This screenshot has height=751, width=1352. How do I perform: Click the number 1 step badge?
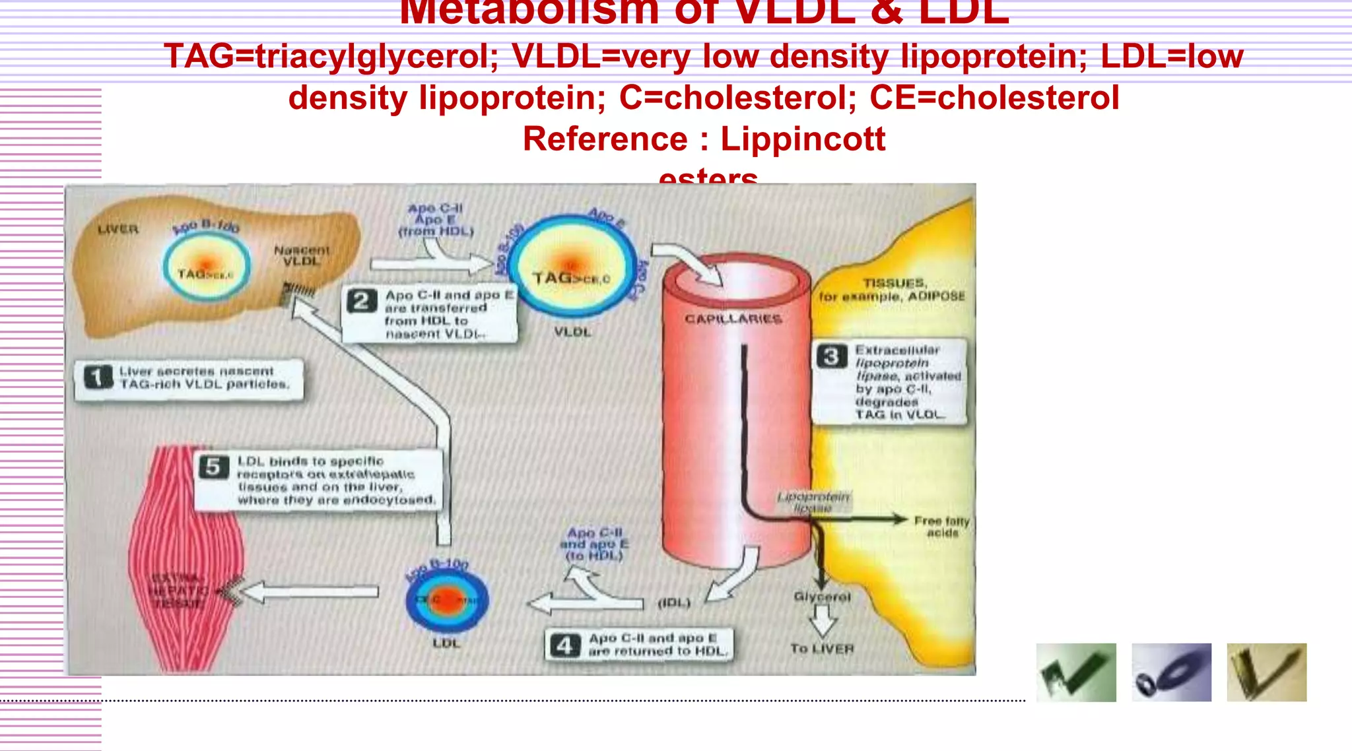(98, 377)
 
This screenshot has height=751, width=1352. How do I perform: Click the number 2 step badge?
(362, 301)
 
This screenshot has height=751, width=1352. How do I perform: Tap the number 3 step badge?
(831, 356)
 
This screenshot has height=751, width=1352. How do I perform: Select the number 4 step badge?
(564, 645)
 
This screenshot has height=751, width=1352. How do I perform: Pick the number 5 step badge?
(214, 467)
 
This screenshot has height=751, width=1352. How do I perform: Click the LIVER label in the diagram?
(118, 229)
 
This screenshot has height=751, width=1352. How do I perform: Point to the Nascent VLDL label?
(301, 255)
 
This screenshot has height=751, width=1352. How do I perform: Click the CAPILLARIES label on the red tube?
(733, 319)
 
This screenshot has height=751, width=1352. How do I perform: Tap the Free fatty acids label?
(941, 527)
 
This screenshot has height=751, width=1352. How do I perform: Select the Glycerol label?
(822, 597)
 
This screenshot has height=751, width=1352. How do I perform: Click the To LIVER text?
(822, 649)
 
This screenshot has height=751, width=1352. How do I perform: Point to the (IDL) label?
(674, 603)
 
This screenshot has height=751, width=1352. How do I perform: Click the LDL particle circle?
(447, 600)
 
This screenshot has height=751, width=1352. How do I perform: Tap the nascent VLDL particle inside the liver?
(207, 268)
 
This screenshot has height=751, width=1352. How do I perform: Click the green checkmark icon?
(1076, 672)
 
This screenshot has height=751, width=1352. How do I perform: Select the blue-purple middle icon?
(1171, 672)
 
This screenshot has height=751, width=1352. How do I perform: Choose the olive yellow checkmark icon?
(1266, 672)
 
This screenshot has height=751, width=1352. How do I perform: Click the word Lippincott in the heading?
(802, 139)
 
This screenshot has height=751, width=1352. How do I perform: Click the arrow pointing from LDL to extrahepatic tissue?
(310, 592)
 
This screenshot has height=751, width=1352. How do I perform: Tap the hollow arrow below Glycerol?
(823, 621)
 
